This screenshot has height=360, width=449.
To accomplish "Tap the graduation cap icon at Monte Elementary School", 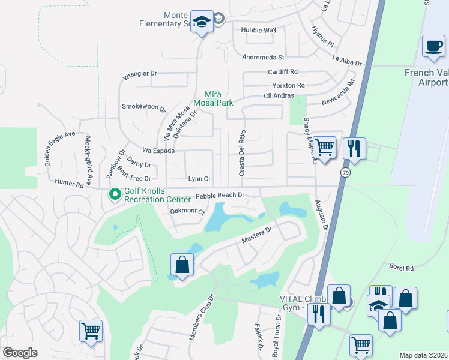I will (x=202, y=23).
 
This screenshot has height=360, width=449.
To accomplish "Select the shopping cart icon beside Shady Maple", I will (x=324, y=146).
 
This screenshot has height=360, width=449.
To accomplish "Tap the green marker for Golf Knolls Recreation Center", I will (x=114, y=194).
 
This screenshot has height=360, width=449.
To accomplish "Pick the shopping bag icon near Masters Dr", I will (x=182, y=265).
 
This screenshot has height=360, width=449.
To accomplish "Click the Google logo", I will (x=20, y=353).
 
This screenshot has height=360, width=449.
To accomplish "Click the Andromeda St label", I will (x=262, y=58).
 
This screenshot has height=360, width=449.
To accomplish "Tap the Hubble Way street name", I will (x=258, y=29).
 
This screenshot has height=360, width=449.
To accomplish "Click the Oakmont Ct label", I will (x=187, y=211).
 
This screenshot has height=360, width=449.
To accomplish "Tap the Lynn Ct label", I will (x=199, y=179).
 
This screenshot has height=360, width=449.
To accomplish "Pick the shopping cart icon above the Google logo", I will (x=91, y=331).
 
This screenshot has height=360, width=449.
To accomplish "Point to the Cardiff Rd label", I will (x=283, y=71).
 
